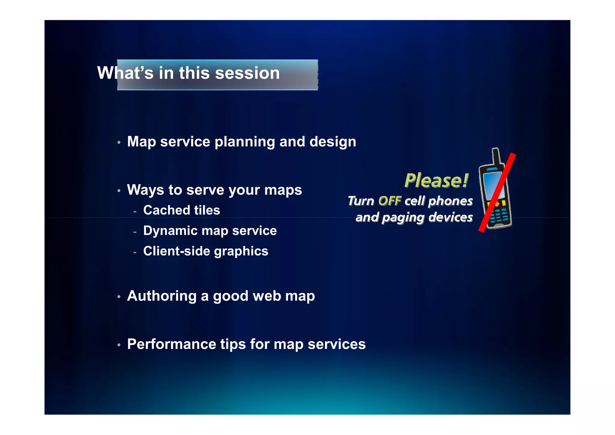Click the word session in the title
(247, 73)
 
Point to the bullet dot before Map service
(119, 142)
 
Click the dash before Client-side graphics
(135, 253)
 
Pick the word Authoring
(162, 296)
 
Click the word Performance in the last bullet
(171, 344)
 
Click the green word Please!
(436, 180)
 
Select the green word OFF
(389, 201)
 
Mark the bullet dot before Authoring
(119, 297)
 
